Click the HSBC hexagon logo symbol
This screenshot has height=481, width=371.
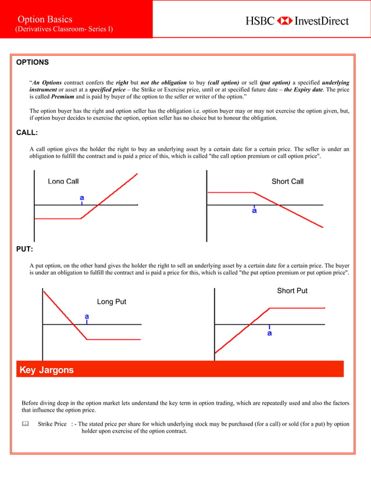click(x=285, y=21)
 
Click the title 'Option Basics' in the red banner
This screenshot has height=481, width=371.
click(x=45, y=20)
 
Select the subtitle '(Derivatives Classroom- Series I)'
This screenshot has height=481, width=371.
click(x=64, y=30)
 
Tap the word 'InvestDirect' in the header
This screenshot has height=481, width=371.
click(x=322, y=21)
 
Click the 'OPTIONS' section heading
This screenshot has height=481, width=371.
click(x=32, y=62)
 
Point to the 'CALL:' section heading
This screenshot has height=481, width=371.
click(x=27, y=133)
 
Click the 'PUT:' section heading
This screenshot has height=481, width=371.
click(x=24, y=249)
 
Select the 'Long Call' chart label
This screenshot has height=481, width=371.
click(x=63, y=182)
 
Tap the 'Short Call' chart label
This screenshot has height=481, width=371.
click(x=287, y=182)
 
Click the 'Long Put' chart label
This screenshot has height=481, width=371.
click(x=111, y=302)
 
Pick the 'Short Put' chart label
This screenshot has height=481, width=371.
click(x=292, y=291)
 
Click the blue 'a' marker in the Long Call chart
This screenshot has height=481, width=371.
click(x=82, y=198)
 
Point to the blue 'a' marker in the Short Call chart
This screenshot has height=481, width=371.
click(x=254, y=211)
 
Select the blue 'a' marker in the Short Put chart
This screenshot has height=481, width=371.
click(x=269, y=334)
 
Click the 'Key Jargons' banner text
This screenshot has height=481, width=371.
click(x=47, y=370)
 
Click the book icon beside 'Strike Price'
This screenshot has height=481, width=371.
click(x=25, y=425)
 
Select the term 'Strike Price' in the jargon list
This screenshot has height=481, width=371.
click(x=52, y=425)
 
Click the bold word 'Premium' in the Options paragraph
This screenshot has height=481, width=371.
click(x=62, y=97)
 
